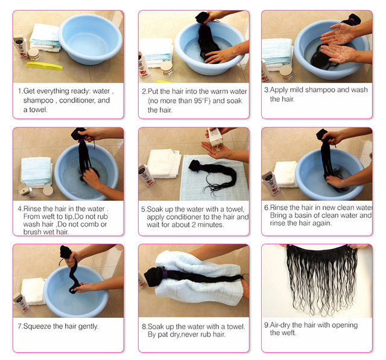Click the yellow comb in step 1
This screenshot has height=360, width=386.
tap(44, 66)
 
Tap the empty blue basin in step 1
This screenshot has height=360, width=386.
tap(90, 39)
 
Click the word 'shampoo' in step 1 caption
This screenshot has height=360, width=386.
tap(39, 100)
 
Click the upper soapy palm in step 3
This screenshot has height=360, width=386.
tap(338, 33)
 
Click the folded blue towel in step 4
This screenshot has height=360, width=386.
tap(36, 171)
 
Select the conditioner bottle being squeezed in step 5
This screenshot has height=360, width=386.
tap(215, 137)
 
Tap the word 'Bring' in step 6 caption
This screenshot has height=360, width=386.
tap(278, 215)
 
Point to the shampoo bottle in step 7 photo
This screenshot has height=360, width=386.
tap(21, 303)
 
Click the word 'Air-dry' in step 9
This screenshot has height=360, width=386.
tap(280, 325)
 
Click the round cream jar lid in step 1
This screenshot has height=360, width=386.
tap(33, 52)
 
